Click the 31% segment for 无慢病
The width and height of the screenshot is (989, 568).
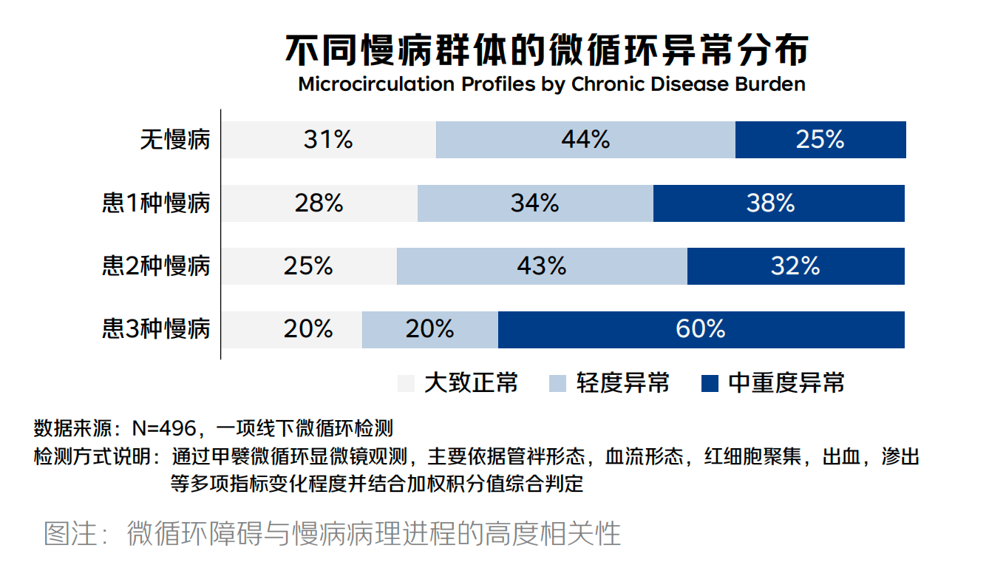[329, 140]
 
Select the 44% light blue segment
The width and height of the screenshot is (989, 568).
[585, 140]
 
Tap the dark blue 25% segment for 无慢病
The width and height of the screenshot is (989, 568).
[820, 140]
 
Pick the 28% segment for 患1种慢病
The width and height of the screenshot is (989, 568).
[319, 203]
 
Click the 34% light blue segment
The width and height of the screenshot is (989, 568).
[535, 203]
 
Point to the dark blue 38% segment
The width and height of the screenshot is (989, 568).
[778, 203]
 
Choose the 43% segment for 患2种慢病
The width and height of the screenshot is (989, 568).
[542, 266]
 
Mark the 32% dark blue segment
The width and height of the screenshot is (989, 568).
[795, 266]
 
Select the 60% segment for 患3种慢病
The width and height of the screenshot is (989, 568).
[701, 329]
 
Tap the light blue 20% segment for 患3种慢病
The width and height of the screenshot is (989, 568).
[429, 329]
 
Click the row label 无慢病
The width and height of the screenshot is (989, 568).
[175, 140]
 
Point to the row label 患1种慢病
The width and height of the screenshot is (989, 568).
[156, 203]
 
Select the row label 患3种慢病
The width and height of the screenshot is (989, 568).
[156, 329]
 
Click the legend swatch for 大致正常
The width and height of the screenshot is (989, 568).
[406, 383]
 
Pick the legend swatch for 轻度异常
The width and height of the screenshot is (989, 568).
[558, 383]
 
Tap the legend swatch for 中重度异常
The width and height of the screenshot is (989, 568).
[710, 383]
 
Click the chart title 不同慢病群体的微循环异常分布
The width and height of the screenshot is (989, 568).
[547, 50]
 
